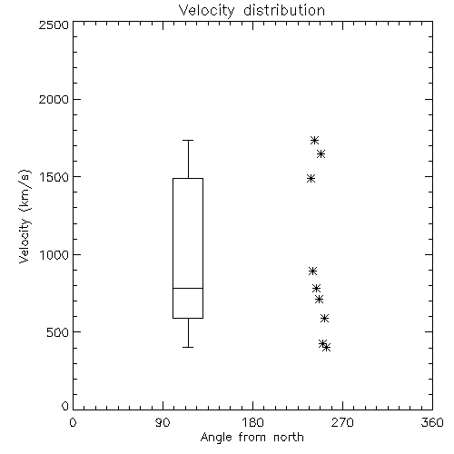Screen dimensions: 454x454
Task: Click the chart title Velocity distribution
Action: [x=252, y=11]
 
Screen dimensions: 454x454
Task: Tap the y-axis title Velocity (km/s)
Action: [x=25, y=216]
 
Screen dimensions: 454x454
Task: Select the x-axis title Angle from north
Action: [x=252, y=438]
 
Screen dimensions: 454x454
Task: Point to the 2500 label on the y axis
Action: [x=54, y=25]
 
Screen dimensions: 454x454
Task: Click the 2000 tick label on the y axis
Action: [x=54, y=99]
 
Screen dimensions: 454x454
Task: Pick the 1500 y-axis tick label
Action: [x=54, y=177]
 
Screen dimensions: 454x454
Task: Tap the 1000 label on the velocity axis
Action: [x=54, y=255]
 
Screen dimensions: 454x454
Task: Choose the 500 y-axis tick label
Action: [x=58, y=332]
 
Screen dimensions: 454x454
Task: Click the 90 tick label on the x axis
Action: [x=163, y=422]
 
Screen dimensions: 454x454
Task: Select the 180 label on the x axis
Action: [x=253, y=422]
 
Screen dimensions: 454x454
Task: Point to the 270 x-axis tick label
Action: [x=342, y=422]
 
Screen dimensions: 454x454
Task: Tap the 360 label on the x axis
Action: [x=432, y=422]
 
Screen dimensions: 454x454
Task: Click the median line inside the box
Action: [x=188, y=288]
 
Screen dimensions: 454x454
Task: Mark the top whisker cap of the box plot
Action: [x=188, y=140]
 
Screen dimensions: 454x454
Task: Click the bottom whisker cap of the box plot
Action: [x=188, y=347]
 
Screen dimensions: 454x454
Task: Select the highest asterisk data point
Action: [x=314, y=140]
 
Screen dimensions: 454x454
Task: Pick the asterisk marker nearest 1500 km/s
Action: [x=311, y=179]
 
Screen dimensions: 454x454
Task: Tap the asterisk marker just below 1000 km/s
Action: [x=312, y=271]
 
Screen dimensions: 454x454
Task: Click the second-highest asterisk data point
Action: [x=321, y=154]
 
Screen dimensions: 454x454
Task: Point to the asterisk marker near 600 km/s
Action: [x=324, y=318]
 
